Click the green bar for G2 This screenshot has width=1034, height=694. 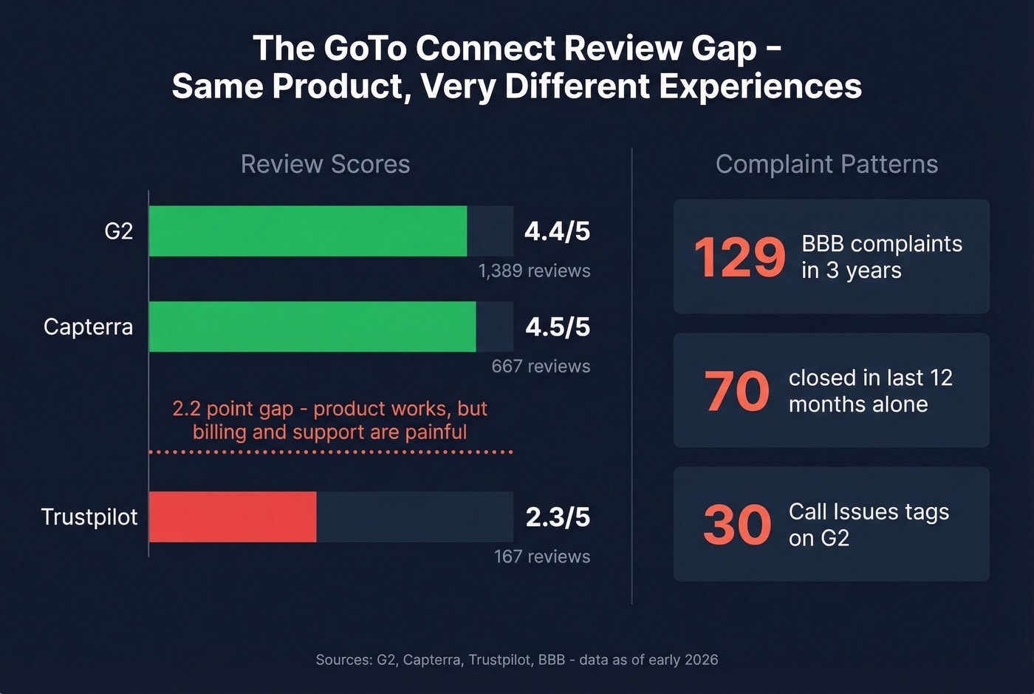click(x=308, y=231)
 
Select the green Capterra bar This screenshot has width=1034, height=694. click(x=312, y=327)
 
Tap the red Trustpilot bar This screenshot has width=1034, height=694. click(x=233, y=517)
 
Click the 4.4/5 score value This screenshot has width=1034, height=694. click(x=557, y=231)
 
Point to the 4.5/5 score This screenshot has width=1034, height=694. click(x=557, y=327)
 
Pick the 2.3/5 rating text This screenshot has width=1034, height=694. click(x=557, y=517)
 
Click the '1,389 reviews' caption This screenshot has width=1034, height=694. click(x=534, y=271)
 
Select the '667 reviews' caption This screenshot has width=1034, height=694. click(x=541, y=367)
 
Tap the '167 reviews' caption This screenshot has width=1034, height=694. click(x=541, y=557)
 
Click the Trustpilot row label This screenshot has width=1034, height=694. click(x=89, y=517)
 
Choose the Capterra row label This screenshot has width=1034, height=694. click(x=88, y=327)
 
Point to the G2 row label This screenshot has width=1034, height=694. click(x=118, y=231)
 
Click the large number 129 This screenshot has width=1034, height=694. click(x=739, y=257)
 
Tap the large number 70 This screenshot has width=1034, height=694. click(x=736, y=391)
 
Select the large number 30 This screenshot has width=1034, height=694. click(x=736, y=525)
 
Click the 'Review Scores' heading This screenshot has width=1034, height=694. click(x=325, y=164)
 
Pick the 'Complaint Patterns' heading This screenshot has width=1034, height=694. click(x=826, y=164)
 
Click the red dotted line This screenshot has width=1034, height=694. click(x=330, y=452)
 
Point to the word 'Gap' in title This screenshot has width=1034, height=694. click(x=724, y=49)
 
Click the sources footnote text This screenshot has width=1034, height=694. click(x=516, y=659)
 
